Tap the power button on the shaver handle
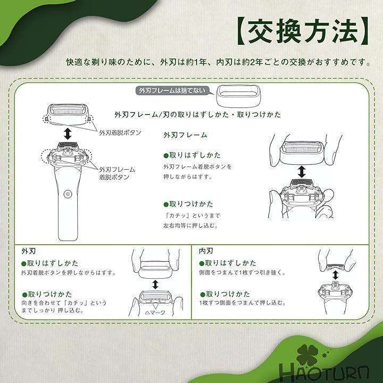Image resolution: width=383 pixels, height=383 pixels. (x=68, y=194)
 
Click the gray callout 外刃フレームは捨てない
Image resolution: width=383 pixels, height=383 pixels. (x=172, y=90)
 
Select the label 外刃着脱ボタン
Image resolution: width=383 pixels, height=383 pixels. (x=120, y=132)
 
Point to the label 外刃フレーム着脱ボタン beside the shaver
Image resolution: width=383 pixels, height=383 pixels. (x=117, y=173)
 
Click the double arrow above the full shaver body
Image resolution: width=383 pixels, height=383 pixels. (x=68, y=134)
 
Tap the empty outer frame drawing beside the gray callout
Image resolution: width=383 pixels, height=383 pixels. (x=239, y=96)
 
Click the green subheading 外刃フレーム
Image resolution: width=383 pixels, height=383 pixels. (x=186, y=135)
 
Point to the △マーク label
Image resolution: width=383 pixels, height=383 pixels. (x=155, y=312)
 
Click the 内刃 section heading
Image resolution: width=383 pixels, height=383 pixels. (x=206, y=251)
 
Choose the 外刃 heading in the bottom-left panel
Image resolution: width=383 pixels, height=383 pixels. (x=29, y=251)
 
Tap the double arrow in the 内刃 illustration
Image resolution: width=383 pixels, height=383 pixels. (x=335, y=275)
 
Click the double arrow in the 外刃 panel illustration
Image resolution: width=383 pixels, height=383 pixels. (x=155, y=285)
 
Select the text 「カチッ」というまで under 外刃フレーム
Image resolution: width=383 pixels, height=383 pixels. (x=191, y=215)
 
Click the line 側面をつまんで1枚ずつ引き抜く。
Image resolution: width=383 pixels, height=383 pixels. (x=243, y=272)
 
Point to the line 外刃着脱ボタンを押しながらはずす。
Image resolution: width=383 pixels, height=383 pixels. (x=69, y=272)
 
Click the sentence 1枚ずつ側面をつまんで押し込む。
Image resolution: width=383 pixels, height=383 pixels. (x=243, y=303)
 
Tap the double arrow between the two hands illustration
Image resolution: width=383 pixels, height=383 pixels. (x=302, y=171)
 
